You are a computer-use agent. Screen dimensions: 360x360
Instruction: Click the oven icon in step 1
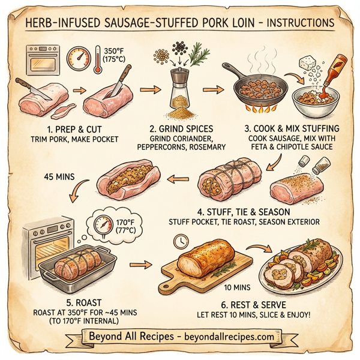[42, 59]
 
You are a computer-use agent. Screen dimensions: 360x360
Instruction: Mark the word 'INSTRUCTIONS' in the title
[295, 22]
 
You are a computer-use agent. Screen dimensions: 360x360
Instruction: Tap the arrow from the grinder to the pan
[211, 90]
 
